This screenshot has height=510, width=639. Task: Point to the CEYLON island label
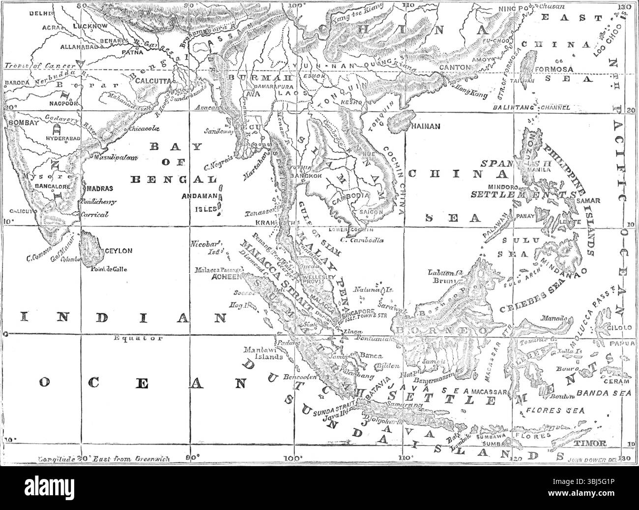117,251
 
